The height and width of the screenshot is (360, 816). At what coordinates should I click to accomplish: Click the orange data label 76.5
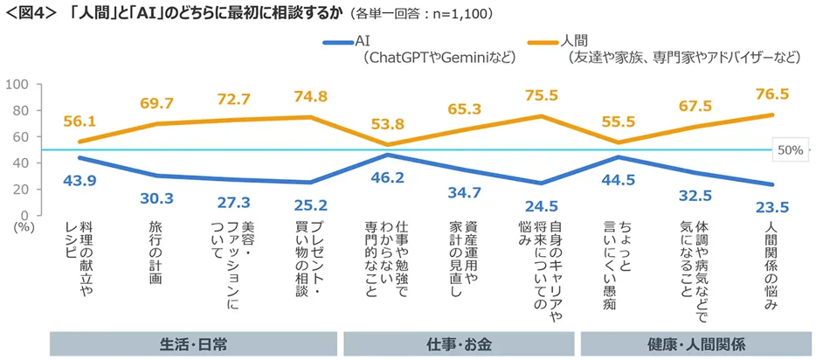(771, 93)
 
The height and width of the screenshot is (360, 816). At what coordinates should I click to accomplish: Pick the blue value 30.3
(157, 197)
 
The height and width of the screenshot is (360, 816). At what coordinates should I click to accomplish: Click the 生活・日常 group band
(195, 344)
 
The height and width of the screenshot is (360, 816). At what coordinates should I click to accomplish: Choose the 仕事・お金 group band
(460, 344)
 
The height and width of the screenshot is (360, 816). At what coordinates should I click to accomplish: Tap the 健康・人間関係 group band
(695, 344)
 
